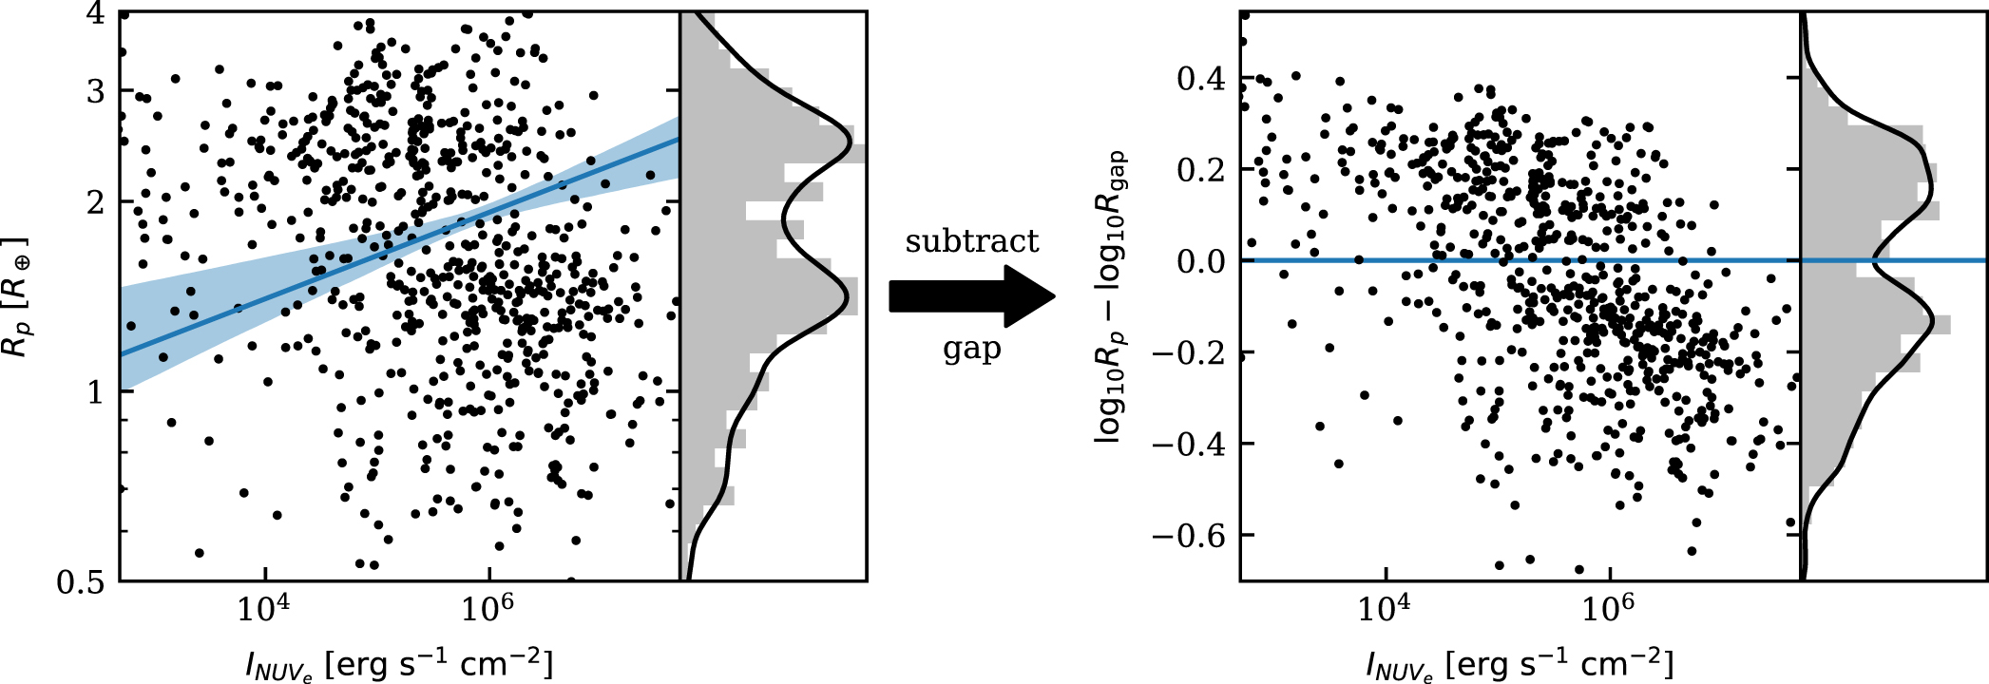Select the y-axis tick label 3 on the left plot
[x=96, y=91]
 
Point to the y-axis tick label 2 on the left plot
[x=96, y=202]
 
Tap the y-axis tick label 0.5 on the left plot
[x=81, y=581]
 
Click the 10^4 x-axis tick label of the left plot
[x=263, y=609]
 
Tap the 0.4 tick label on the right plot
[x=1201, y=78]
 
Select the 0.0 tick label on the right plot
[x=1201, y=261]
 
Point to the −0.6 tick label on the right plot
[x=1189, y=536]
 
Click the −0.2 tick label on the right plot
[x=1189, y=352]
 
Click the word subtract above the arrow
[x=972, y=241]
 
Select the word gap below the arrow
[x=972, y=350]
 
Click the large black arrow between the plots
[x=972, y=296]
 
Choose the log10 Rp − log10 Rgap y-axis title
[x=1111, y=296]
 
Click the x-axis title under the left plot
[x=399, y=663]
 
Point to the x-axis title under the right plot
[x=1520, y=663]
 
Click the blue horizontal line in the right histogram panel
[x=1894, y=260]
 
